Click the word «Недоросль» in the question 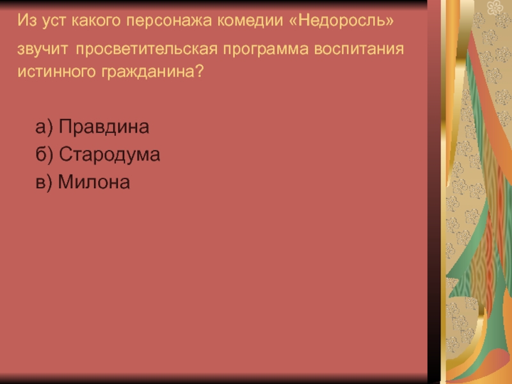click(342, 20)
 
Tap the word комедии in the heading click(250, 20)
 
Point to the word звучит click(42, 50)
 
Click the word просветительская click(147, 49)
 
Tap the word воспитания click(359, 49)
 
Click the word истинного click(56, 71)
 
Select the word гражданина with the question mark click(152, 72)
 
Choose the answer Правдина click(104, 127)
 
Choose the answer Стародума click(109, 154)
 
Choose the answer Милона click(93, 182)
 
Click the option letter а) click(44, 127)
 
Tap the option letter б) click(44, 154)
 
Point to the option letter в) click(44, 182)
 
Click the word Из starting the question click(27, 20)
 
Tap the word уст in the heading click(54, 21)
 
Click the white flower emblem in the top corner click(495, 7)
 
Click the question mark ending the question click(200, 71)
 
